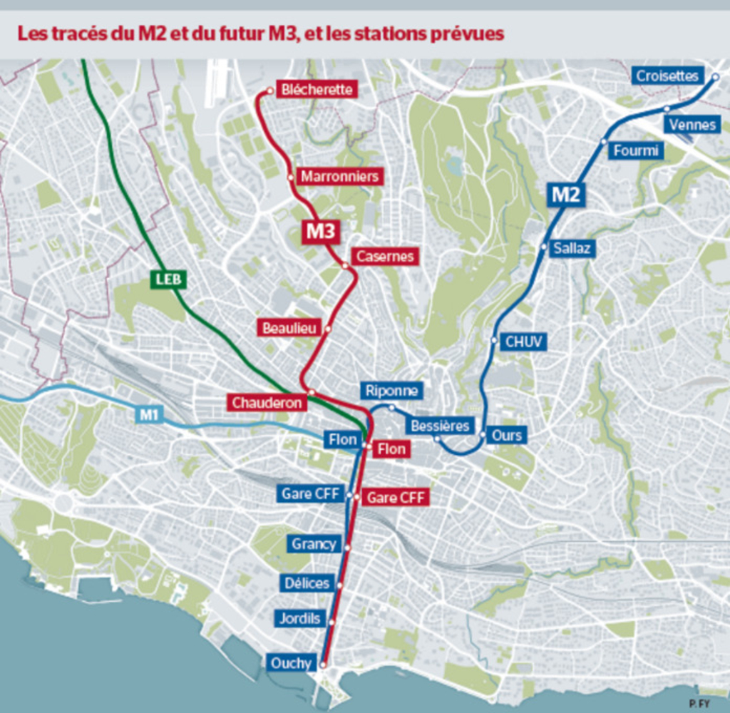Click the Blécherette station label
click(317, 90)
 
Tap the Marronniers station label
click(339, 176)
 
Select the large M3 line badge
click(320, 231)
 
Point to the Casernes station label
click(385, 257)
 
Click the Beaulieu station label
click(289, 328)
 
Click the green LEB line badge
click(169, 279)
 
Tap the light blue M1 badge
click(148, 414)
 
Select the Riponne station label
click(391, 391)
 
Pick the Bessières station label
click(440, 426)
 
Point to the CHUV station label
click(524, 342)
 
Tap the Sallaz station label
click(572, 248)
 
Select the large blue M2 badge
click(567, 195)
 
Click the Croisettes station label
click(667, 76)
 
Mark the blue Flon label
click(342, 440)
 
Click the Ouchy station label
click(291, 663)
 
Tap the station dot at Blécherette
click(269, 91)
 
